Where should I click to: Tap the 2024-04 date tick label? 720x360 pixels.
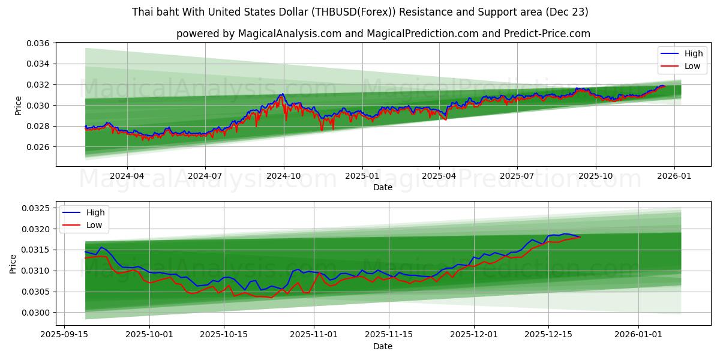[127, 176]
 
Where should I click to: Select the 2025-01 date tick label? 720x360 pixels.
[362, 176]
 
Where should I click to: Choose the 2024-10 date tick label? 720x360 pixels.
[283, 176]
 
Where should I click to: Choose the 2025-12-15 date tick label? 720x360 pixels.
[548, 335]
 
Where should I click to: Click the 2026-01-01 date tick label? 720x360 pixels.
[640, 335]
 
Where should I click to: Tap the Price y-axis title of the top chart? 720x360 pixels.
[19, 106]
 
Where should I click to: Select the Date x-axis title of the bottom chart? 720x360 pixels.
[383, 346]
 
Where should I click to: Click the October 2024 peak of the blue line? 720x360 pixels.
[282, 94]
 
